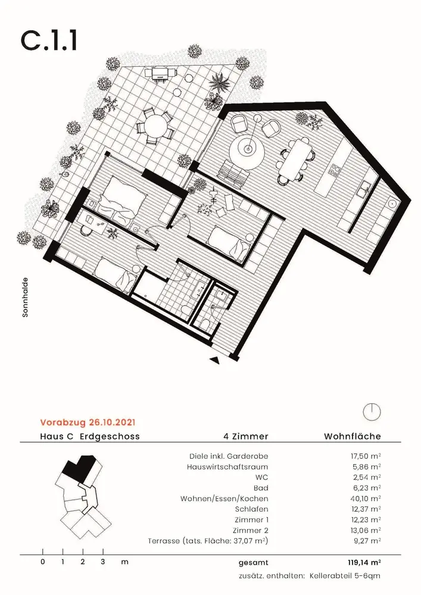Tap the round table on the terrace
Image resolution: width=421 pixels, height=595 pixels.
155,126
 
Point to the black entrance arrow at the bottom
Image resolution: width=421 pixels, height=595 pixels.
215,360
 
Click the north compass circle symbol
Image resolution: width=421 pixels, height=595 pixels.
371,412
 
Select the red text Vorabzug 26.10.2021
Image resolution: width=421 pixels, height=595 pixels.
88,423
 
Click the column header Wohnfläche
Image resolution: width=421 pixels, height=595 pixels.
352,437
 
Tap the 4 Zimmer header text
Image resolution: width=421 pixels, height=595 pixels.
245,437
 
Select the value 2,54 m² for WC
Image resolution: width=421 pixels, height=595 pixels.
368,477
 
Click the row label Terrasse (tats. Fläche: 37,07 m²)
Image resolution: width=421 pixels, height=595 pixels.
207,541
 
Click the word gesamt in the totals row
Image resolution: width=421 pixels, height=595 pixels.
254,562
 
